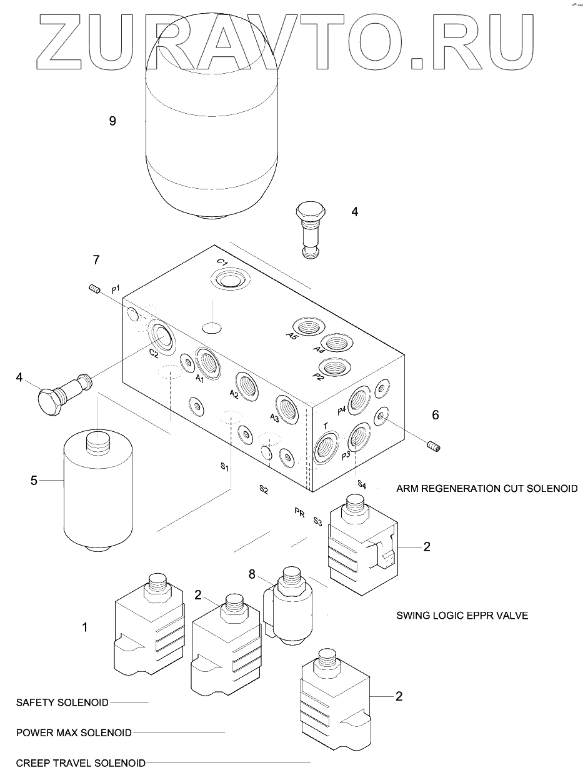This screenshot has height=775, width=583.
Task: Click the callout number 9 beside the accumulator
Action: (112, 121)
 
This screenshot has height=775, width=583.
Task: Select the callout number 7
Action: (96, 259)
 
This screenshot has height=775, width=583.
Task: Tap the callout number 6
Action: (436, 414)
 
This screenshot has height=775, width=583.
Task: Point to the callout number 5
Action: (34, 480)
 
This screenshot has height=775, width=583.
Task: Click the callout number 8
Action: (252, 573)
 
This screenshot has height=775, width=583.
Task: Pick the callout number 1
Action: (86, 627)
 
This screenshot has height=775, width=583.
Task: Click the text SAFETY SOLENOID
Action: (62, 702)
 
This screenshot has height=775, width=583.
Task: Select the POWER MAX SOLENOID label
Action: (74, 732)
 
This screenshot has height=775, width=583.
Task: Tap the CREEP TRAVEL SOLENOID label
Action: (81, 763)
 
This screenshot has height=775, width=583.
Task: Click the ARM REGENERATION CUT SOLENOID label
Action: (487, 488)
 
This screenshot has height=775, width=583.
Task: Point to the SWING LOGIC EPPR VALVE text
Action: (462, 616)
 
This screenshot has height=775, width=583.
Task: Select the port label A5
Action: (292, 335)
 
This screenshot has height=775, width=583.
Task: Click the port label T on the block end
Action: (326, 426)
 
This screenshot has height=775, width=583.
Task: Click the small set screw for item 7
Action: (95, 289)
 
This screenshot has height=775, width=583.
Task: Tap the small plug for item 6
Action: (432, 446)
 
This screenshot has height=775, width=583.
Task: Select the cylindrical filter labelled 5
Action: (98, 494)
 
